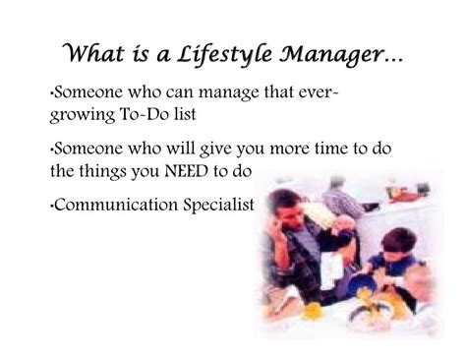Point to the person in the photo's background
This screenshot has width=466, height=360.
pos(344,197)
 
